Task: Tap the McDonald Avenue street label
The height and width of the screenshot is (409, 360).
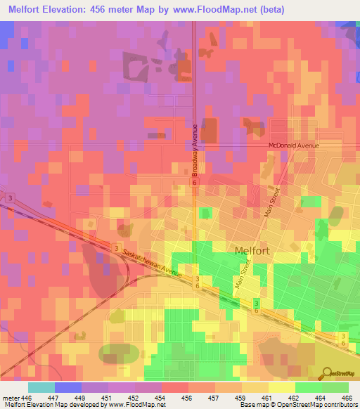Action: point(293,145)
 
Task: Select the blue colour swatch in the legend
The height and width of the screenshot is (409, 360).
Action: point(68,387)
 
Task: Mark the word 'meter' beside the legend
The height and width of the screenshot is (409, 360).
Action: point(11,397)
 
